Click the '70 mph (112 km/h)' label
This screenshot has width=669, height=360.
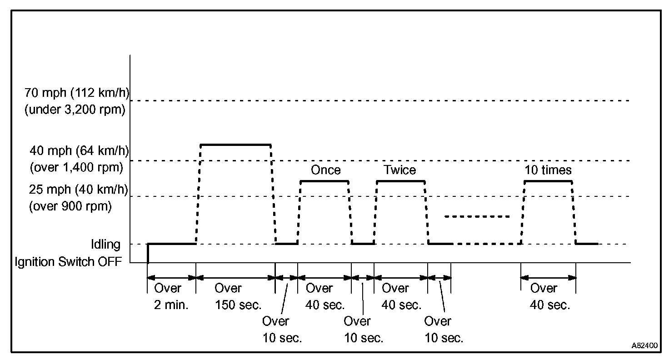77,93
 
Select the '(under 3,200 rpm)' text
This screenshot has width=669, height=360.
75,110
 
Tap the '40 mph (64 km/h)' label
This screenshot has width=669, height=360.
79,150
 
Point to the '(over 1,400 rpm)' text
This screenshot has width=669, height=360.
76,167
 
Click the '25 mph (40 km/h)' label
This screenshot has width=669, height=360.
79,190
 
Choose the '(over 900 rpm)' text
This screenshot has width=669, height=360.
70,206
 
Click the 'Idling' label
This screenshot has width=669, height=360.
106,245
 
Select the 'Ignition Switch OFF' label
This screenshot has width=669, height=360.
68,262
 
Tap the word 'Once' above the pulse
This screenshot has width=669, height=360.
325,170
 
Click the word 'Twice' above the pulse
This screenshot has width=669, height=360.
399,170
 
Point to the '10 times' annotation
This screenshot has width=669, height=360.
548,170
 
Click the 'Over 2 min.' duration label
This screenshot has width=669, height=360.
171,297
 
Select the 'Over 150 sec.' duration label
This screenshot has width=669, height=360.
238,297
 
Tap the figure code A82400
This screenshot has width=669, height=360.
644,345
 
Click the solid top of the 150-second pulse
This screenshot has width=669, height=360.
235,145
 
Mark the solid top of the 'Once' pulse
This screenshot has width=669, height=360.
325,181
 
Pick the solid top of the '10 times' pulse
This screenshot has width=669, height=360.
548,181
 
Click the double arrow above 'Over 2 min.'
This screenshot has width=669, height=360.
171,278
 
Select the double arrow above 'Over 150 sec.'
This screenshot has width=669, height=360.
235,278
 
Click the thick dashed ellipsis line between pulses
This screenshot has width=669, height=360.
477,216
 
